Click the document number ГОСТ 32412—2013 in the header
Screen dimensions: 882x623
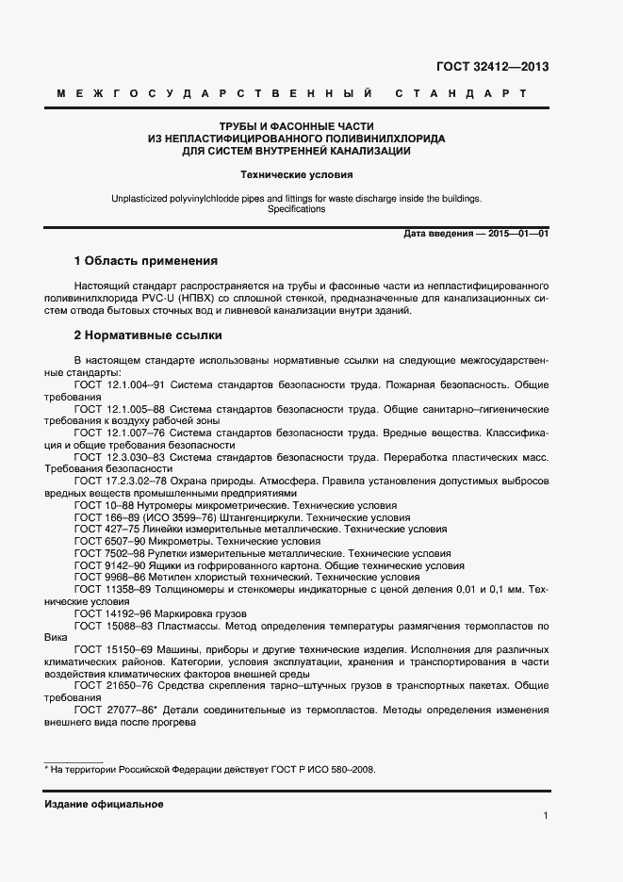coord(491,67)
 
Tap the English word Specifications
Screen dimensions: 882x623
coord(296,209)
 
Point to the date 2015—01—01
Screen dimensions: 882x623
coord(515,233)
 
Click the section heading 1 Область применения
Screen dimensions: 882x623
coord(146,260)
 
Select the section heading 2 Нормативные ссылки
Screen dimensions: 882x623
coord(148,335)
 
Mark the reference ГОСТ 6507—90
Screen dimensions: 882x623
coord(107,542)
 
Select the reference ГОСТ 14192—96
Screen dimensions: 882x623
coord(110,613)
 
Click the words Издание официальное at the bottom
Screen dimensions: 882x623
coord(104,804)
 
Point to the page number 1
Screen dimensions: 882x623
coord(546,816)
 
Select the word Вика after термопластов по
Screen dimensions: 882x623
coord(57,638)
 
